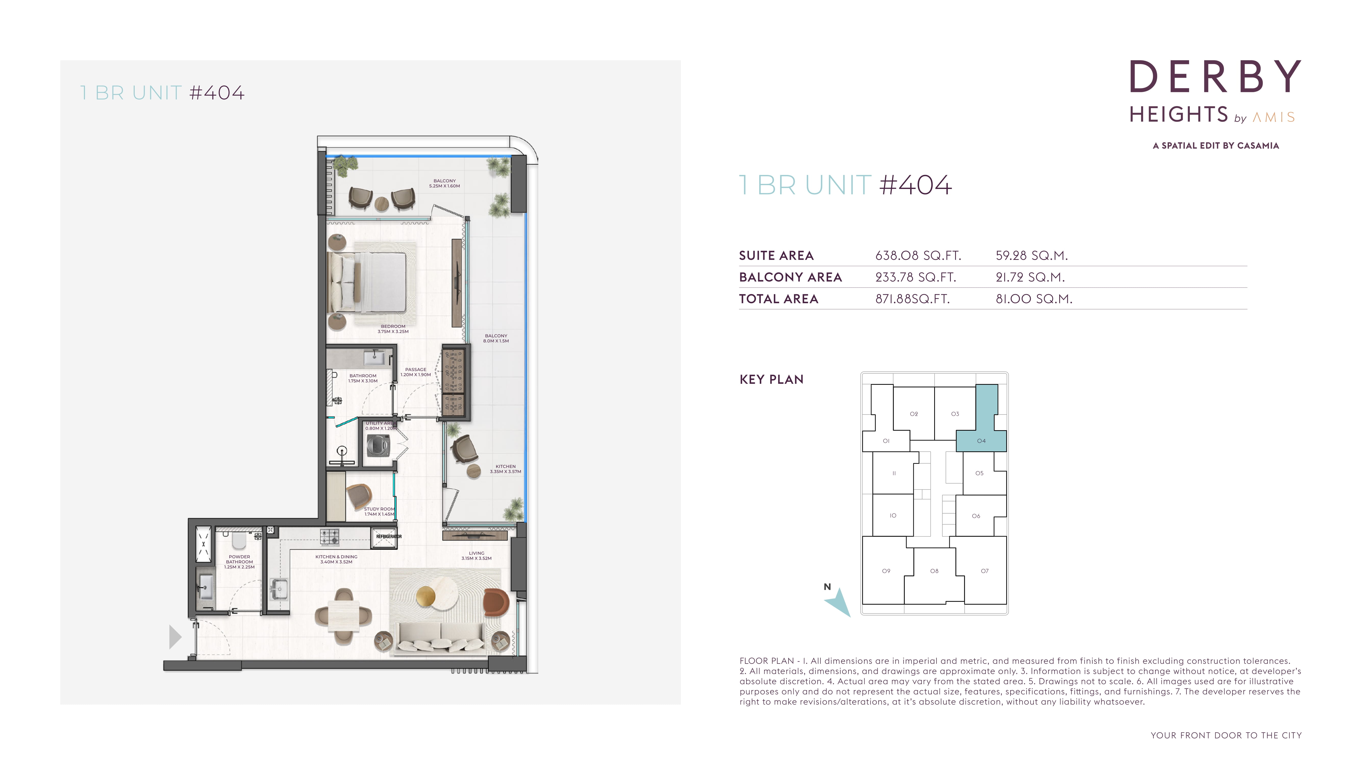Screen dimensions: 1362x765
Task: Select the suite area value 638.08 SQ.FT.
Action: click(x=918, y=256)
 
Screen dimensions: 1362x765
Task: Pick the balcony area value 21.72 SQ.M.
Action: click(x=1030, y=277)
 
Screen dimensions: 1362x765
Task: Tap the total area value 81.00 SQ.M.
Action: click(x=1034, y=299)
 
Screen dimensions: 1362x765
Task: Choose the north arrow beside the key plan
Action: click(x=839, y=603)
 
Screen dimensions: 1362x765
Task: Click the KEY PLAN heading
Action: click(x=771, y=380)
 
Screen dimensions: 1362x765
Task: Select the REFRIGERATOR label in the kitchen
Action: click(x=389, y=537)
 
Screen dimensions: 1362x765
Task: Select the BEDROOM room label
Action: click(x=393, y=327)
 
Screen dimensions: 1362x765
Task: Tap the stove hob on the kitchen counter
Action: click(x=330, y=537)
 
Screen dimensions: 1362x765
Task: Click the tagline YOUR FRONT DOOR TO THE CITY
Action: click(x=1226, y=735)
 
